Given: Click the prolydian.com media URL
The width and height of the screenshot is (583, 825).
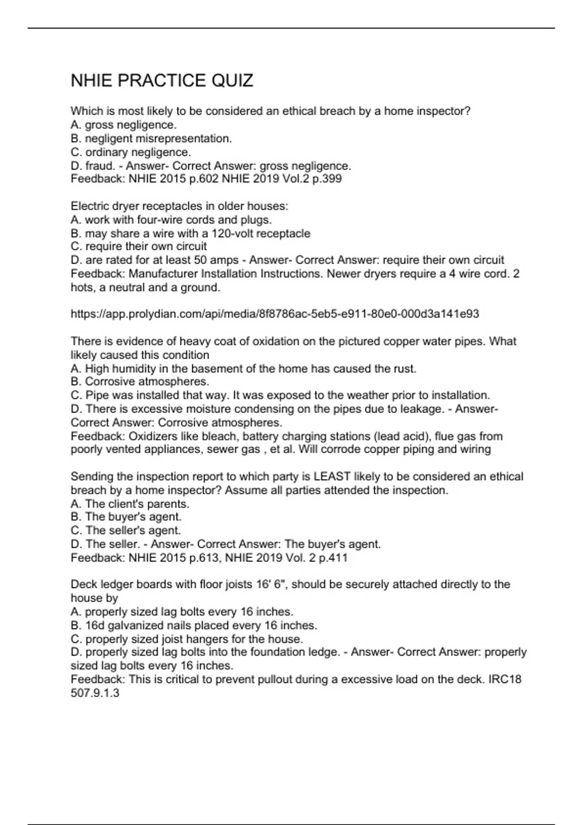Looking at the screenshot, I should coord(274,314).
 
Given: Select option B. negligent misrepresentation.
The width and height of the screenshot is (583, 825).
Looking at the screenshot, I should coord(151,139).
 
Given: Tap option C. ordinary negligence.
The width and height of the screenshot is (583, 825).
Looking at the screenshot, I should coord(131,152).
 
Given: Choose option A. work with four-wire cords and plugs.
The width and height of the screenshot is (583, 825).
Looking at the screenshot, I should coord(171,220).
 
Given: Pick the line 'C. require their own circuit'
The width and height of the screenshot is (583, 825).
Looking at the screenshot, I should coord(138,247).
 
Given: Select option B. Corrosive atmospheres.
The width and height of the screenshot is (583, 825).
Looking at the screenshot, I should coord(140,381).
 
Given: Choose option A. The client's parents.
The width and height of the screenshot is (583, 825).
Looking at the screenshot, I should coord(130,504).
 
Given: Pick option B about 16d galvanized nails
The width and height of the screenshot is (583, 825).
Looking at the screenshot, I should coord(194,625).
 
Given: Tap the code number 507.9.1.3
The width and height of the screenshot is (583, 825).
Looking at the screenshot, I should coord(95,693).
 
